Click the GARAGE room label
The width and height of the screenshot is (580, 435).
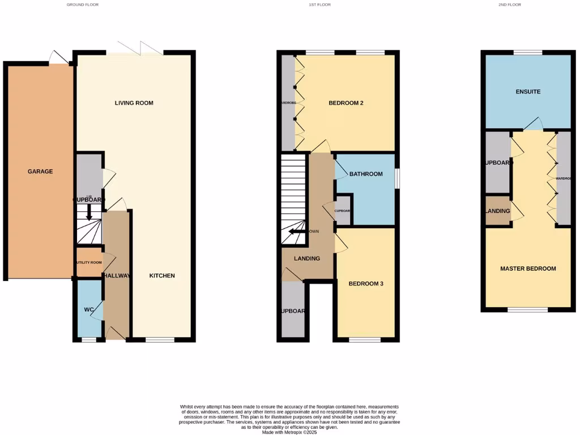tap(40, 172)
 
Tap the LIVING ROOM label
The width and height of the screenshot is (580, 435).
tap(134, 103)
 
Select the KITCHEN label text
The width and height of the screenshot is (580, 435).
tap(162, 276)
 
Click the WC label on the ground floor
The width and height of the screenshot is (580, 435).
tap(88, 310)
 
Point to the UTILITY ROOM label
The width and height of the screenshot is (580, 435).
tap(88, 263)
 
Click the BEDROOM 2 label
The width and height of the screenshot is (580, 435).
tap(346, 103)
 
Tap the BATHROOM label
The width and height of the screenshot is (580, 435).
tap(366, 174)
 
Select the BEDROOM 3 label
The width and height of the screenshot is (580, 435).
tap(366, 284)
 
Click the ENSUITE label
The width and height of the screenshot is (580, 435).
tap(528, 92)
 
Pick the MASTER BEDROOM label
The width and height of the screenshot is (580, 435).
tap(528, 268)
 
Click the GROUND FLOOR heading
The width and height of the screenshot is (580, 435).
tap(83, 5)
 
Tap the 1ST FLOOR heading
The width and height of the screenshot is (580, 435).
tap(319, 5)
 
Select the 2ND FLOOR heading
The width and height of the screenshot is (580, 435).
tap(510, 5)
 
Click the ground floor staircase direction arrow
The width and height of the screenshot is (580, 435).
tap(89, 214)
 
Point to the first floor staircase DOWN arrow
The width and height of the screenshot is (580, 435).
tap(295, 232)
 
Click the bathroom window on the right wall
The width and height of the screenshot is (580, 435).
tap(396, 178)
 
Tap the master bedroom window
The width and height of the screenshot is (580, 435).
tap(527, 310)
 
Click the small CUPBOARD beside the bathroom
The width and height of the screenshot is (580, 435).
tap(343, 211)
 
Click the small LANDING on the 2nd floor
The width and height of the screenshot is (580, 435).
tap(498, 211)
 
